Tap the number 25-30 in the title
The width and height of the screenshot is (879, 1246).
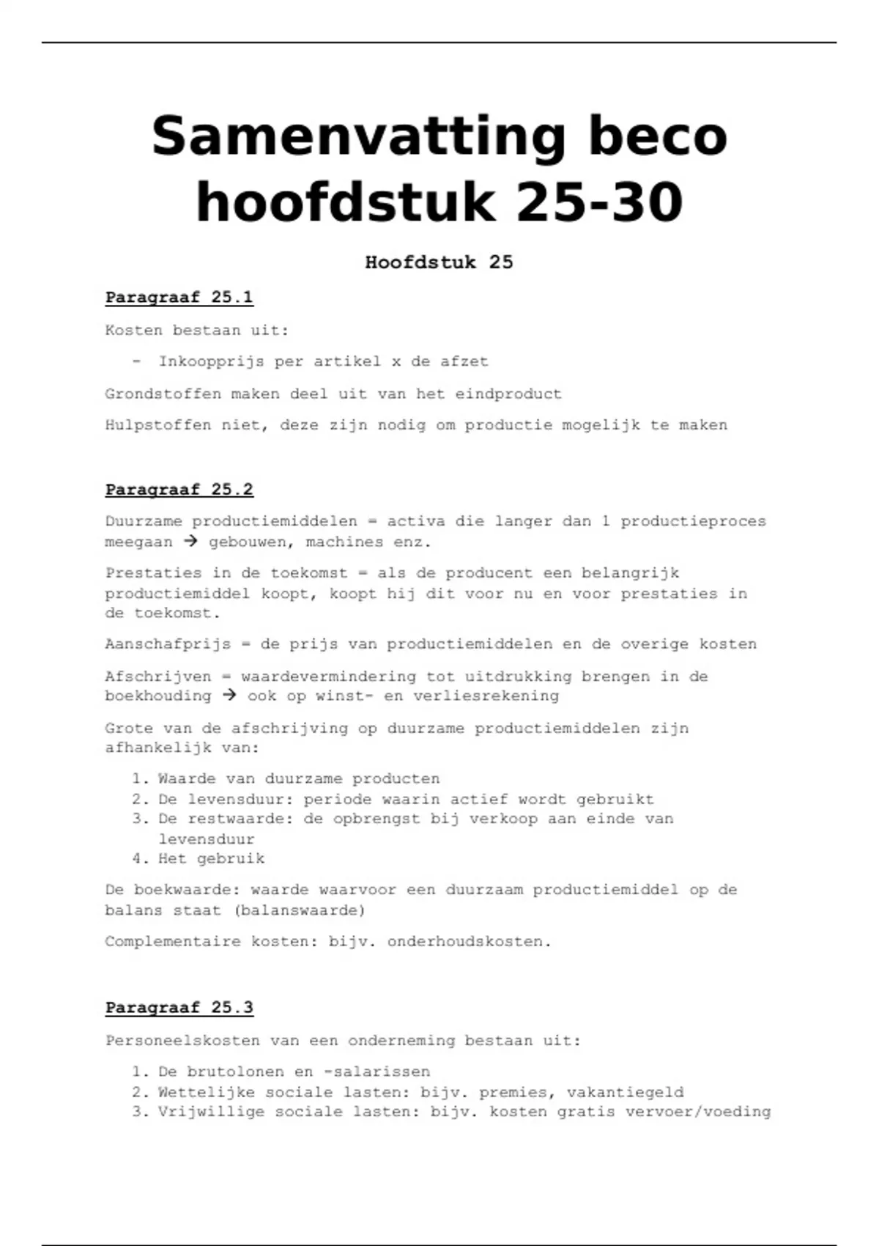click(x=599, y=202)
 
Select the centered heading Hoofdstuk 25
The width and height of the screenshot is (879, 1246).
click(x=439, y=262)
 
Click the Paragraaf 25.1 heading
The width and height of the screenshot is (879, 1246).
click(x=179, y=298)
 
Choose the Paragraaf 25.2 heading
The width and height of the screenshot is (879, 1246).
click(x=179, y=490)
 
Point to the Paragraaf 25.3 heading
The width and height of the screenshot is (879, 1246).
click(x=179, y=1008)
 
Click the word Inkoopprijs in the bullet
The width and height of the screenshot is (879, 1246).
click(x=211, y=361)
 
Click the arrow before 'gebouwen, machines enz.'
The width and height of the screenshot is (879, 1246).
click(x=190, y=542)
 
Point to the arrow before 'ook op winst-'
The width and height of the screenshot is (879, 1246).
click(x=229, y=696)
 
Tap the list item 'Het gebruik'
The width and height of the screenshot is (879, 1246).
click(x=211, y=858)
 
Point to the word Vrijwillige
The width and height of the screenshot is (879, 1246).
click(x=211, y=1112)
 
